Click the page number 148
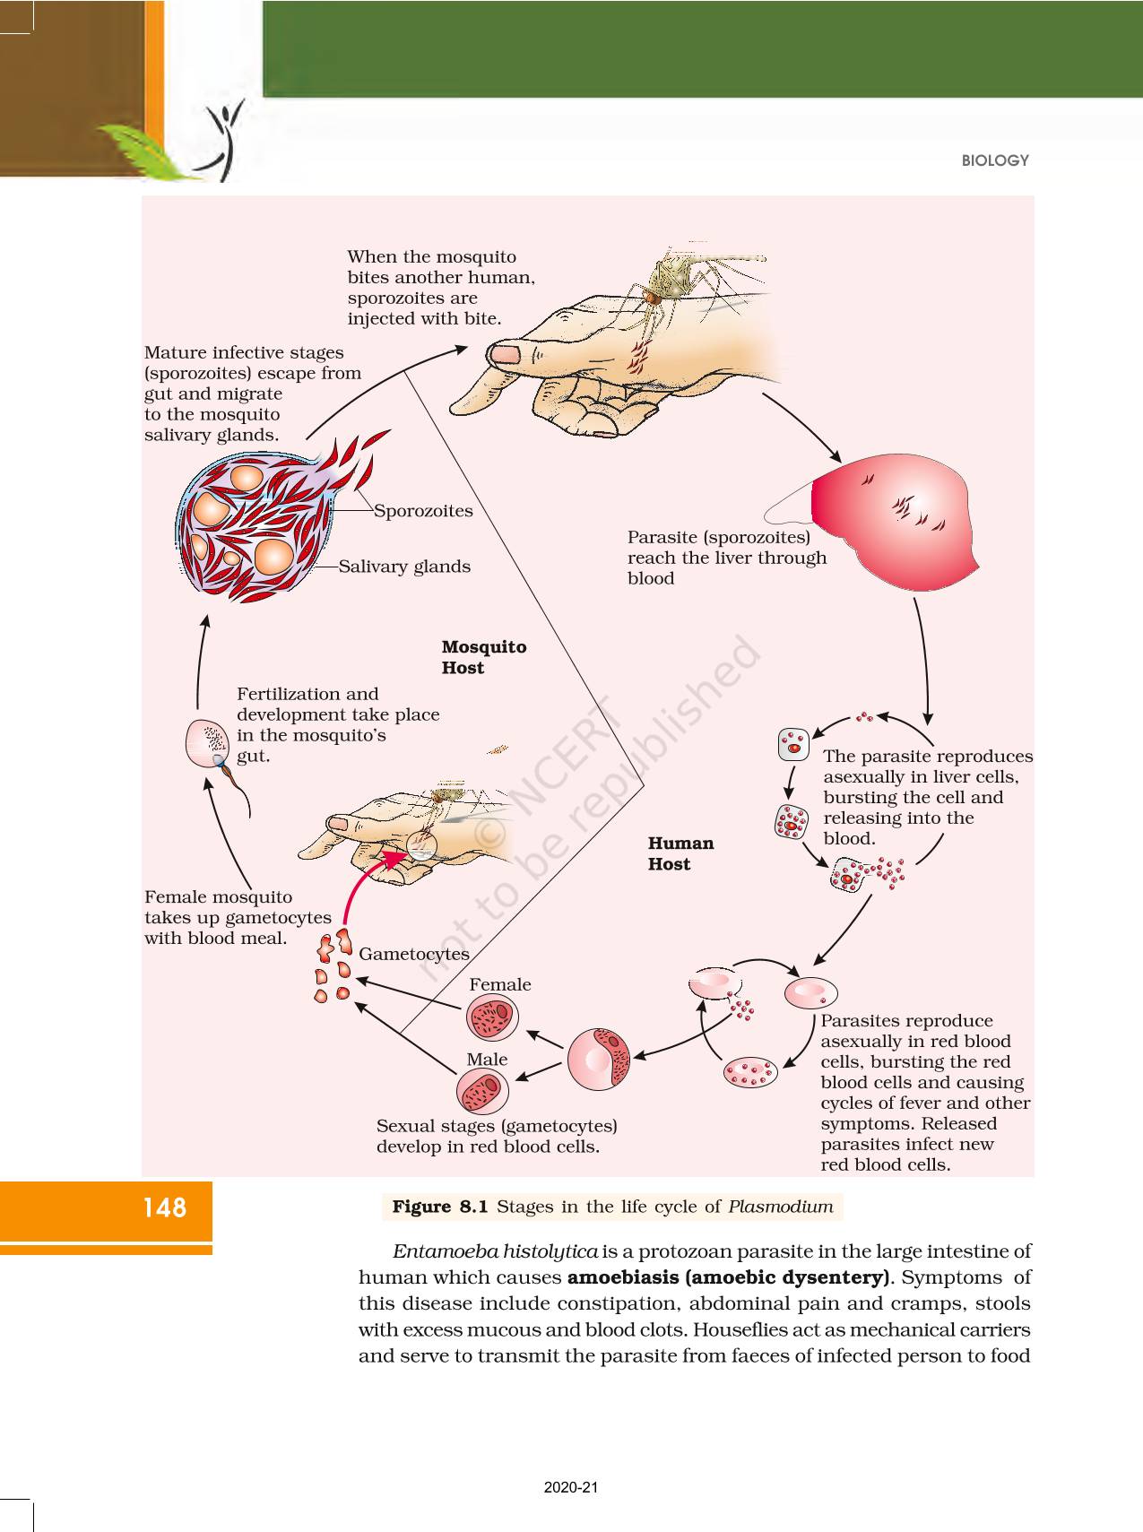click(164, 1207)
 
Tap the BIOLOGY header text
click(995, 160)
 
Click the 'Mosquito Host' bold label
click(483, 657)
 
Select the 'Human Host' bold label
click(680, 853)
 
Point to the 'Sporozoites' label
click(423, 511)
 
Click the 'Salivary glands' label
click(404, 567)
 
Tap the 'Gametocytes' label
click(413, 954)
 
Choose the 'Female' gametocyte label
click(499, 984)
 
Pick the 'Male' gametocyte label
click(487, 1059)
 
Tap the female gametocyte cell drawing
click(492, 1018)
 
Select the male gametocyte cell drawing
click(482, 1092)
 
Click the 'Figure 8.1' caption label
click(439, 1207)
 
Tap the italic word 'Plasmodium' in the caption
click(780, 1207)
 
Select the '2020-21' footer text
click(571, 1488)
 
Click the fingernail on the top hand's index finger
click(506, 353)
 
